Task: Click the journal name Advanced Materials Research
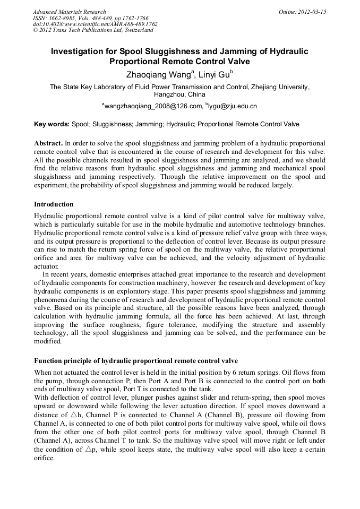(x=69, y=12)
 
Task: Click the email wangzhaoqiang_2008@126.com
(x=153, y=106)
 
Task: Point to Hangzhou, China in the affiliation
(x=179, y=94)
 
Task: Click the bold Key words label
(x=52, y=124)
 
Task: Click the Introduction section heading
(x=54, y=204)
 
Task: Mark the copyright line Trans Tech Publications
(x=93, y=30)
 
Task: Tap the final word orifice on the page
(x=44, y=458)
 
